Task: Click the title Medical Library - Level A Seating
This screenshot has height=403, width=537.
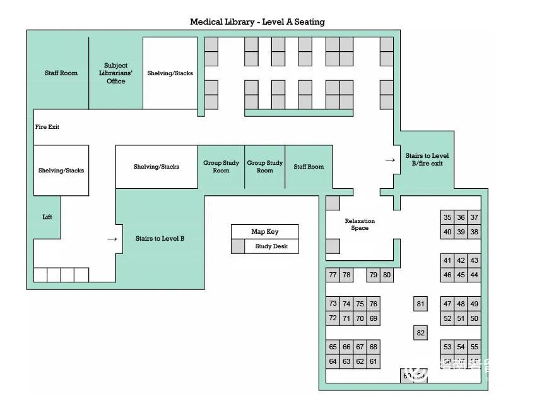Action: pyautogui.click(x=257, y=22)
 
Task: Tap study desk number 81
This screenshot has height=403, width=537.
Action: pyautogui.click(x=421, y=304)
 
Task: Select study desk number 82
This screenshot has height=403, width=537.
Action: pyautogui.click(x=421, y=333)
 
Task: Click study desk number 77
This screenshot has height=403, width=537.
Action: pyautogui.click(x=333, y=275)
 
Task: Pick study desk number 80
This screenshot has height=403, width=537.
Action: pyautogui.click(x=387, y=275)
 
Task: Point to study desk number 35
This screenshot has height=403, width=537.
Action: pyautogui.click(x=447, y=218)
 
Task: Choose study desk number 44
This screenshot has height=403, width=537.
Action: pyautogui.click(x=474, y=275)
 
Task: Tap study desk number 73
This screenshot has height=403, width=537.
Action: pyautogui.click(x=333, y=304)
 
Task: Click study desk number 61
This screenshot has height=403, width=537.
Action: pyautogui.click(x=374, y=362)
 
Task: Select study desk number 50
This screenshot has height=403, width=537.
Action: pyautogui.click(x=474, y=319)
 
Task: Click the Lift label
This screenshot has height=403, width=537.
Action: pyautogui.click(x=47, y=217)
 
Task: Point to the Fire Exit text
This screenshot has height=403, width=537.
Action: pyautogui.click(x=47, y=127)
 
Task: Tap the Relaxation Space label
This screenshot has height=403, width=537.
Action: pyautogui.click(x=360, y=224)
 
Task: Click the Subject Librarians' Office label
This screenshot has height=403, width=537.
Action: pyautogui.click(x=115, y=73)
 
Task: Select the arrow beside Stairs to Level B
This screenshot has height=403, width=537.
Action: pyautogui.click(x=112, y=239)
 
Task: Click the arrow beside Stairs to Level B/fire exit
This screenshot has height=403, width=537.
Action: pyautogui.click(x=391, y=160)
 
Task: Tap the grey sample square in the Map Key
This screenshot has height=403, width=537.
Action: pyautogui.click(x=238, y=246)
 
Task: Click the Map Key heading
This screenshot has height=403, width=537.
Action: pyautogui.click(x=264, y=232)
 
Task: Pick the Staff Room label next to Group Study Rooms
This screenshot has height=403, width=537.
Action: pyautogui.click(x=309, y=167)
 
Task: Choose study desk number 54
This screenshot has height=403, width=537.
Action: pyautogui.click(x=461, y=347)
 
